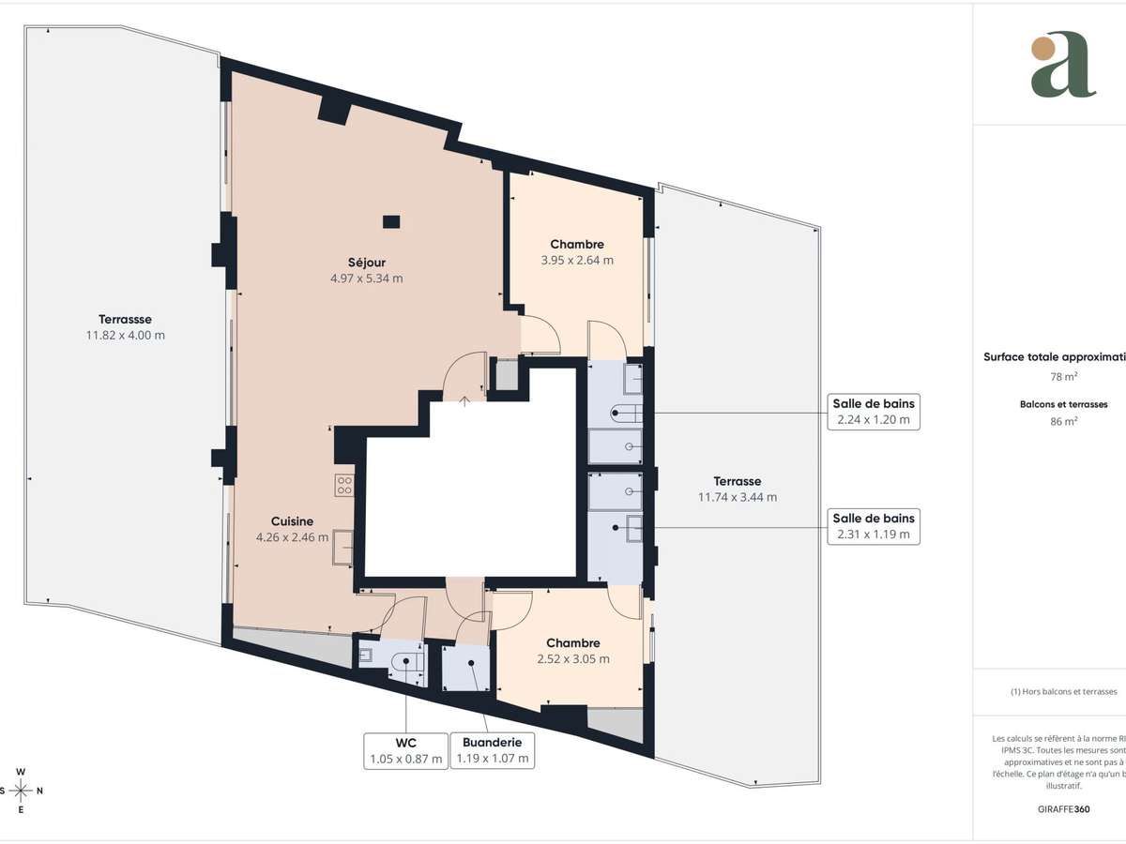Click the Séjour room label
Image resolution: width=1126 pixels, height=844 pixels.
pyautogui.click(x=366, y=263)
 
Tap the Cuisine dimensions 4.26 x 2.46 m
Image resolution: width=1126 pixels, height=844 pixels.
pyautogui.click(x=292, y=537)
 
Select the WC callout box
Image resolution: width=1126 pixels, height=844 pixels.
pyautogui.click(x=405, y=750)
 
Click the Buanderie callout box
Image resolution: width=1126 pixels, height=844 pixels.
pyautogui.click(x=493, y=750)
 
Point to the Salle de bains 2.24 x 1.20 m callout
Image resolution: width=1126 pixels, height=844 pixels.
pyautogui.click(x=873, y=411)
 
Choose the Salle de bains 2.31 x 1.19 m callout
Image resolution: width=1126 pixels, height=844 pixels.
pyautogui.click(x=873, y=526)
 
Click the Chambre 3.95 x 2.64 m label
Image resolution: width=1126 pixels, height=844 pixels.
pyautogui.click(x=577, y=252)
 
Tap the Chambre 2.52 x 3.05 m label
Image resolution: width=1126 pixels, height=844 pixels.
pyautogui.click(x=573, y=651)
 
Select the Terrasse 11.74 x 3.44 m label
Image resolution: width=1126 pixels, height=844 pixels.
pyautogui.click(x=737, y=489)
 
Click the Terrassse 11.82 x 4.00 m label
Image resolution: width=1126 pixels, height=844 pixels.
pyautogui.click(x=126, y=326)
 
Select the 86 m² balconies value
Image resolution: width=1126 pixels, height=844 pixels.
pyautogui.click(x=1062, y=421)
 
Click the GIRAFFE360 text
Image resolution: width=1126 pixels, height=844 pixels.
pyautogui.click(x=1062, y=808)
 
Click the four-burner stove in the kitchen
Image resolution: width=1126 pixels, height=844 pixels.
pyautogui.click(x=344, y=485)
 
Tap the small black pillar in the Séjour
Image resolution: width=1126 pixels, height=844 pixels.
pyautogui.click(x=391, y=222)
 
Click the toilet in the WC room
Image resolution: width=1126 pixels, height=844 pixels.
pyautogui.click(x=407, y=660)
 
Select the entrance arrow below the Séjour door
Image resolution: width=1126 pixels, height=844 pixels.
pyautogui.click(x=464, y=400)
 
